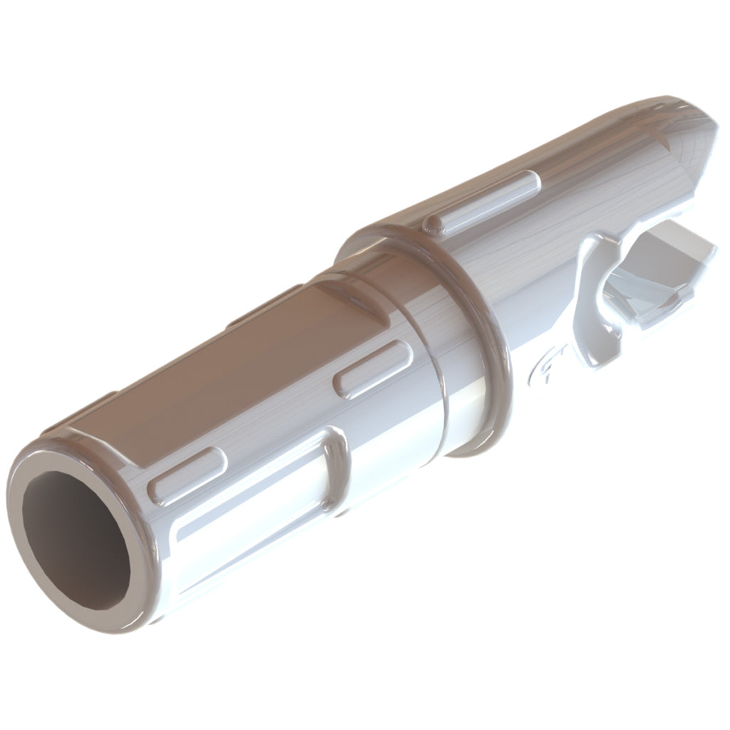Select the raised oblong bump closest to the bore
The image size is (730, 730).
[x=187, y=475]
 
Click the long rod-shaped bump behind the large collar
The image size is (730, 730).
[x=485, y=202]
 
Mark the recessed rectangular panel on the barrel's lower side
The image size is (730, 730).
[x=250, y=513]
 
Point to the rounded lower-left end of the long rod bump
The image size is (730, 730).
[x=433, y=227]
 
